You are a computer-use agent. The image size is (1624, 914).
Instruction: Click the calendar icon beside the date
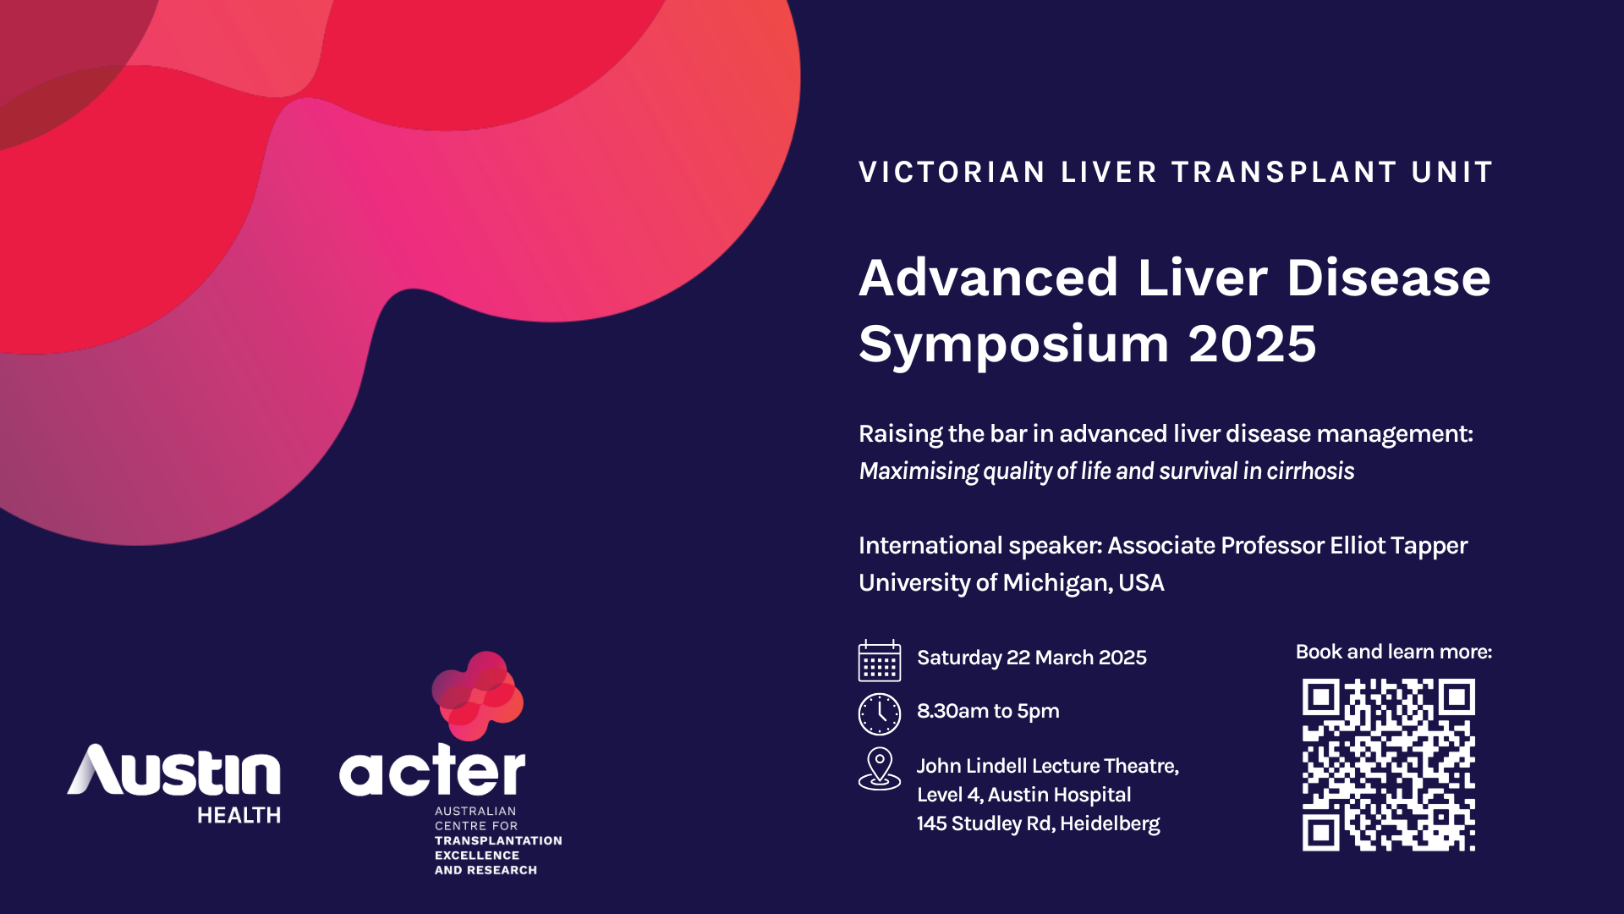click(880, 660)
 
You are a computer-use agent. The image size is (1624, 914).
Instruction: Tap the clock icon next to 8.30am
click(880, 713)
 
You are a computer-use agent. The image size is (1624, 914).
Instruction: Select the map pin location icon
click(880, 768)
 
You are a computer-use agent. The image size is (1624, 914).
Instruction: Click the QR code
click(1389, 764)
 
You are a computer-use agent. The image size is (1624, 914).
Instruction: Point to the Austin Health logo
click(174, 784)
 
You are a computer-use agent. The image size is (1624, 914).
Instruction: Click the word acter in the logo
click(432, 770)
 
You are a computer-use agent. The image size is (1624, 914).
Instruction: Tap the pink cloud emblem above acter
click(478, 696)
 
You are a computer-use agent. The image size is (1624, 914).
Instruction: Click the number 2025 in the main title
click(1253, 344)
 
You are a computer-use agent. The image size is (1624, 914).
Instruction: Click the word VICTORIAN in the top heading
click(952, 172)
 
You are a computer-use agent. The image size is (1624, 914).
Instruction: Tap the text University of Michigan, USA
click(1012, 583)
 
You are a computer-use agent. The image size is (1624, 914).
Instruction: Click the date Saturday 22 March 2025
click(1032, 658)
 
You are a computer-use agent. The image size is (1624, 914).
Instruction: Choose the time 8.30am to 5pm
click(988, 711)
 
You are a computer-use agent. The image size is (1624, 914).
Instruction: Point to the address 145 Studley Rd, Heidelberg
click(1039, 823)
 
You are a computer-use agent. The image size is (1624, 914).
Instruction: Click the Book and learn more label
click(1394, 652)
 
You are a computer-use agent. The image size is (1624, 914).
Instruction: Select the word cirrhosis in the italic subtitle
click(1310, 471)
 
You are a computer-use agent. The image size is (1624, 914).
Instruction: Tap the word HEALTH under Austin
click(239, 815)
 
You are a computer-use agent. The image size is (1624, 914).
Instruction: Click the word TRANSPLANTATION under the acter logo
click(498, 840)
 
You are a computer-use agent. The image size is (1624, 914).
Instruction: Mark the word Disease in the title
click(1389, 278)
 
